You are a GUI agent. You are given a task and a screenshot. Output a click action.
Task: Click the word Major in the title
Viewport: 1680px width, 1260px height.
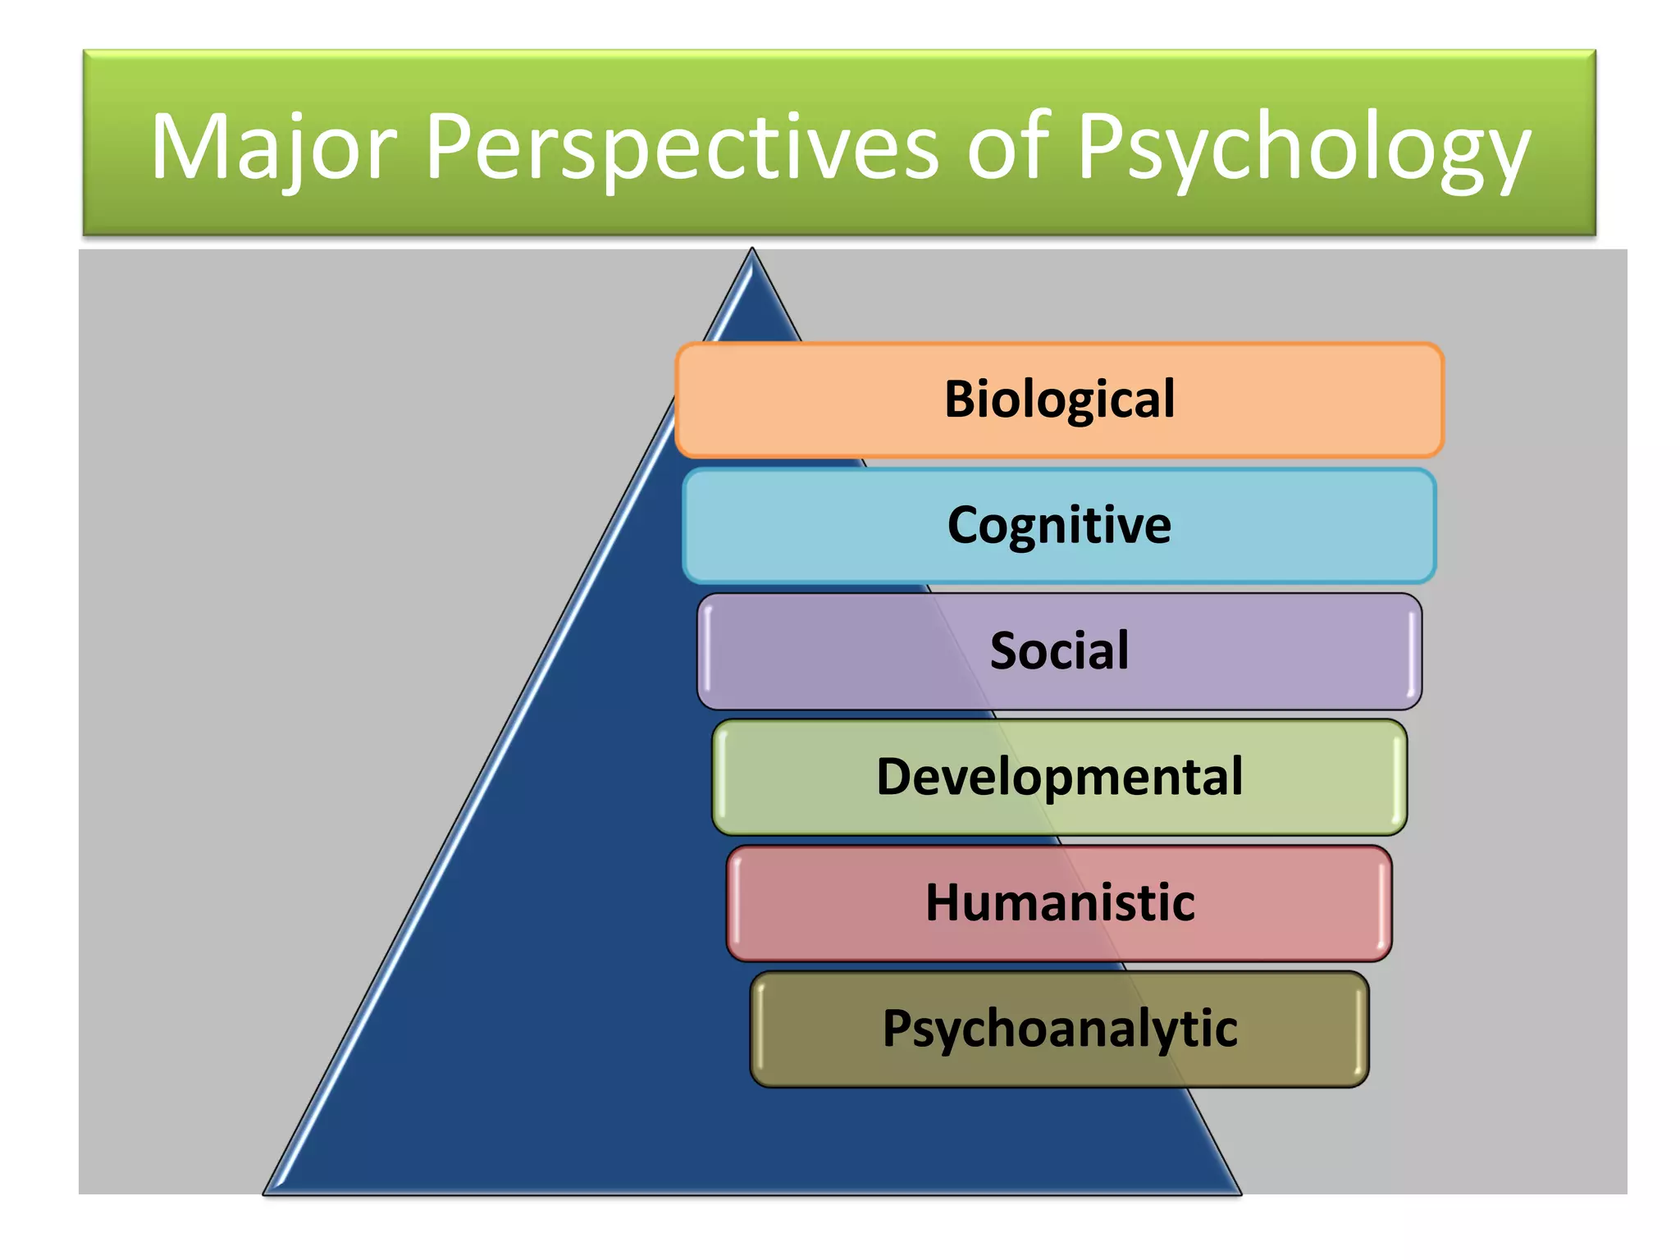[275, 148]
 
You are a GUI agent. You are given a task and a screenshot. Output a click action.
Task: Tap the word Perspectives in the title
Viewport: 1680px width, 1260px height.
[682, 148]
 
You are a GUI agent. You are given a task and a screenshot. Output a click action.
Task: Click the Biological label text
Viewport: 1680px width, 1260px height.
[1059, 399]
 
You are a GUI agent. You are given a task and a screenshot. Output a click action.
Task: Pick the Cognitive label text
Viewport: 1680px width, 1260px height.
[1059, 525]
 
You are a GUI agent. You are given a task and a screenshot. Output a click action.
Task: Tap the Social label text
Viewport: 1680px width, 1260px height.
[1059, 651]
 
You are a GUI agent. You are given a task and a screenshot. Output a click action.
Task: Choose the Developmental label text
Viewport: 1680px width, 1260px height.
[1059, 776]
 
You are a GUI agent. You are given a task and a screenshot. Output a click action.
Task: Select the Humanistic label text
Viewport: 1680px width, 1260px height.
[1059, 902]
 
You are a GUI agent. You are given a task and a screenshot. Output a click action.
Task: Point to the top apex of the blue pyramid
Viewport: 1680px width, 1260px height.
[751, 251]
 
